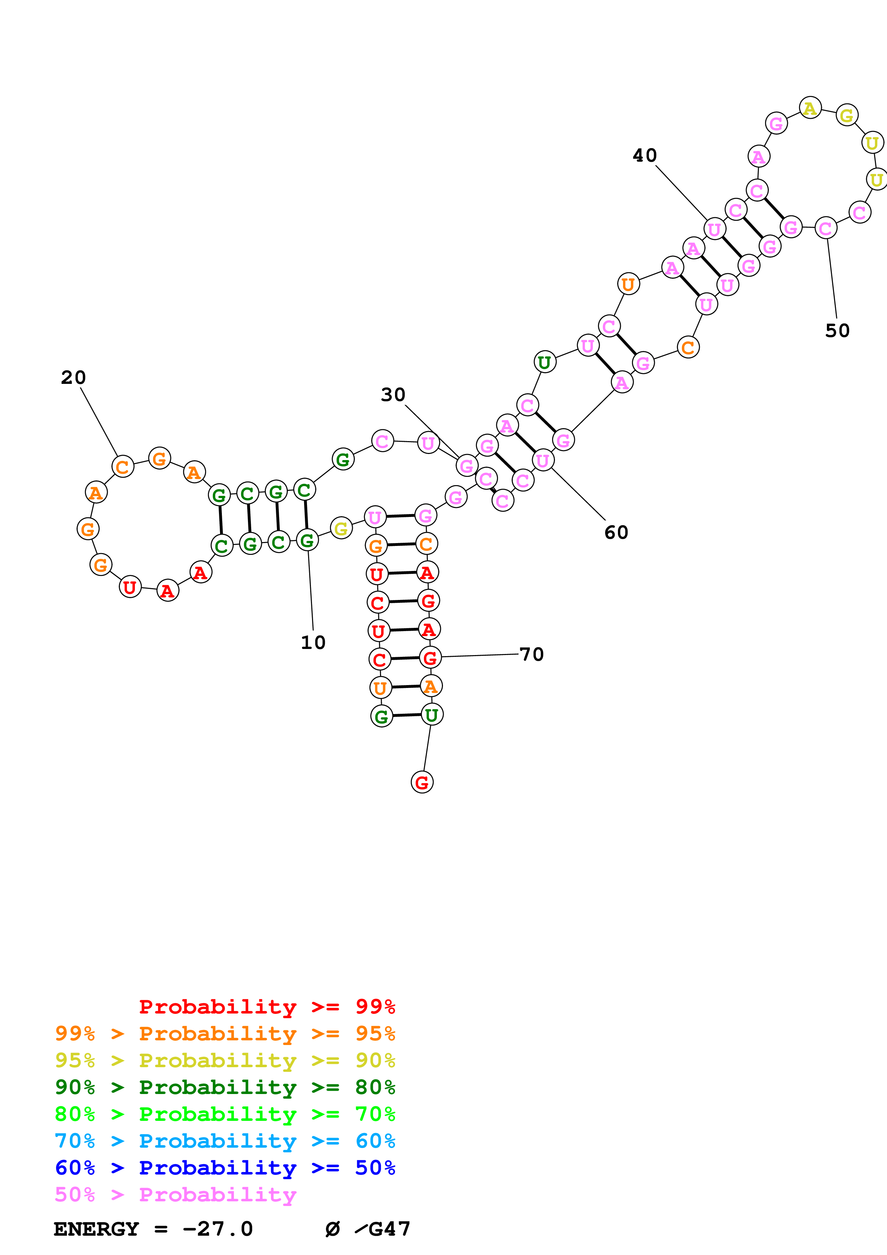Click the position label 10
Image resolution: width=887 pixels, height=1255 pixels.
point(313,642)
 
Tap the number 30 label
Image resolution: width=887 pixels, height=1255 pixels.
point(393,395)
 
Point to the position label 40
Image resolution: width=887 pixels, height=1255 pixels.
point(644,155)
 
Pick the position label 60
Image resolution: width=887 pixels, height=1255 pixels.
point(616,532)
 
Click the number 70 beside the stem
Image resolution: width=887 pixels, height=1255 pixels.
point(531,654)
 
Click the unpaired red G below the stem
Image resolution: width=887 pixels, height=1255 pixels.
point(422,782)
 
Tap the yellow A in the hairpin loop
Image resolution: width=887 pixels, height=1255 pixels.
point(810,108)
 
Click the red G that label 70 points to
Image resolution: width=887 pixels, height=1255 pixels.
point(430,658)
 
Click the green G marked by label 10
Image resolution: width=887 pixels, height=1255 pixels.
point(307,540)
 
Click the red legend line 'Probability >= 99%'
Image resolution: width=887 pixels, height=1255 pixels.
point(267,1007)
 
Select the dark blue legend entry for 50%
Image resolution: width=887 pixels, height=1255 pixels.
point(225,1168)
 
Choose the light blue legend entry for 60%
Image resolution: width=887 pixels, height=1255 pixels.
point(225,1141)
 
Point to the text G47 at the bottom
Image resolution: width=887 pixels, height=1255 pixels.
point(389,1229)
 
